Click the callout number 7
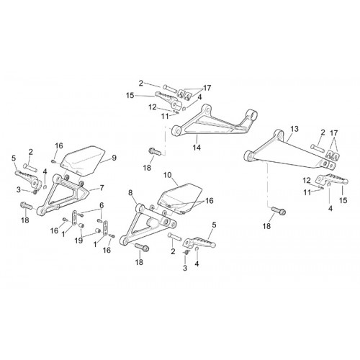(102, 187)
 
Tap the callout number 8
(130, 192)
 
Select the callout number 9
(114, 158)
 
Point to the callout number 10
(168, 175)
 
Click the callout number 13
(294, 129)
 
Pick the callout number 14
(197, 147)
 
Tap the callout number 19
(78, 240)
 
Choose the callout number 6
(102, 205)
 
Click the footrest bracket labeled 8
(146, 223)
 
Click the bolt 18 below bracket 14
(155, 151)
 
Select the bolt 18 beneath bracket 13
(279, 210)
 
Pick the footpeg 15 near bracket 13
(332, 179)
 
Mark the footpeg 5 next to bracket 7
(28, 179)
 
